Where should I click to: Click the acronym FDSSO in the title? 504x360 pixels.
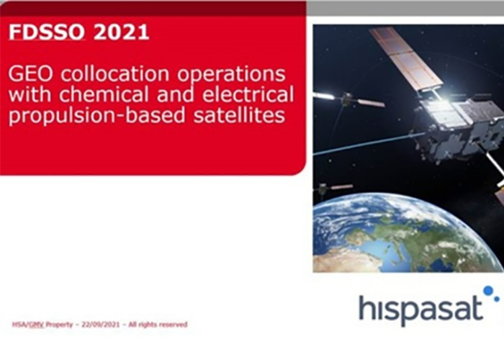point(47,32)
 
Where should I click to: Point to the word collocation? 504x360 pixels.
point(115,73)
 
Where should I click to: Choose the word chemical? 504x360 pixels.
point(104,94)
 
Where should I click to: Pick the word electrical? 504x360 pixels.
point(248,94)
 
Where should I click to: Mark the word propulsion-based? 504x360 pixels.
point(97,116)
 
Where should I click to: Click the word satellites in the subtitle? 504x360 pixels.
point(240,115)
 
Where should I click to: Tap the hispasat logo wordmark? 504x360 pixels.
point(421,307)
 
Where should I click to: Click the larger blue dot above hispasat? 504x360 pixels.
point(488,290)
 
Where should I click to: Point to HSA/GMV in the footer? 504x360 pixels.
point(28,324)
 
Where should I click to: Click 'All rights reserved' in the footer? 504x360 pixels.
point(158,324)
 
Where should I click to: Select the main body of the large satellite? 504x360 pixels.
point(458,125)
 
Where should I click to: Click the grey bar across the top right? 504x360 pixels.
point(405,8)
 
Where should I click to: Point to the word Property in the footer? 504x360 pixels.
point(59,324)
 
